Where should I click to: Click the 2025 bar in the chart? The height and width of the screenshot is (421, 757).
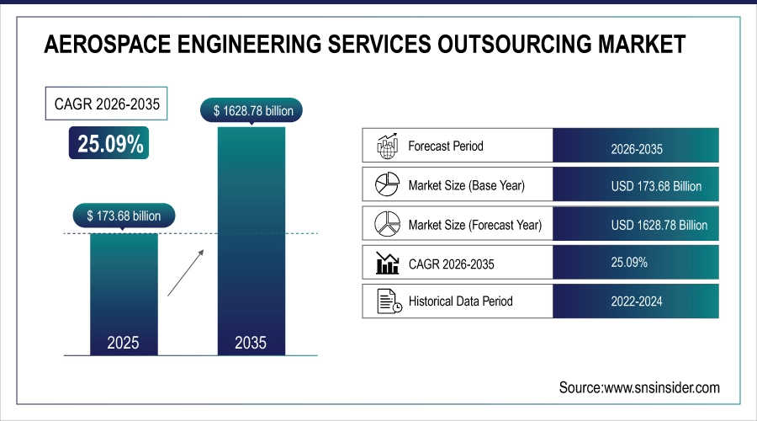pos(123,290)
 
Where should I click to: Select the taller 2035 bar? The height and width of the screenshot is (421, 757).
pos(251,240)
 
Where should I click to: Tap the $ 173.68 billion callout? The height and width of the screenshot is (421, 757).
pos(124,216)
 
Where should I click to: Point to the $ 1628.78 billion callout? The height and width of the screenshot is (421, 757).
pos(251,109)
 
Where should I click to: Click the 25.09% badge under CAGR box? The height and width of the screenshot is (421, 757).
pos(110,144)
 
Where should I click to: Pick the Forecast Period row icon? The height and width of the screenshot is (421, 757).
pos(386,146)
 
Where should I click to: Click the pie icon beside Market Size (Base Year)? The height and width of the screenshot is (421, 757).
pos(386,185)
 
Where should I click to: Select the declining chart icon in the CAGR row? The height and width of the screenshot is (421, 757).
pos(386,264)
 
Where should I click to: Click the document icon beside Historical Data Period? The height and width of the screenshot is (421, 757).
pos(386,301)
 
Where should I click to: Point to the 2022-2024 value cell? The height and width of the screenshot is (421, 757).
pos(637,301)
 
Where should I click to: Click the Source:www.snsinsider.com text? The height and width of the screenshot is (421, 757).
pos(639,387)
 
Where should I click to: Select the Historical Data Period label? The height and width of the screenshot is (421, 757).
pos(460,301)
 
